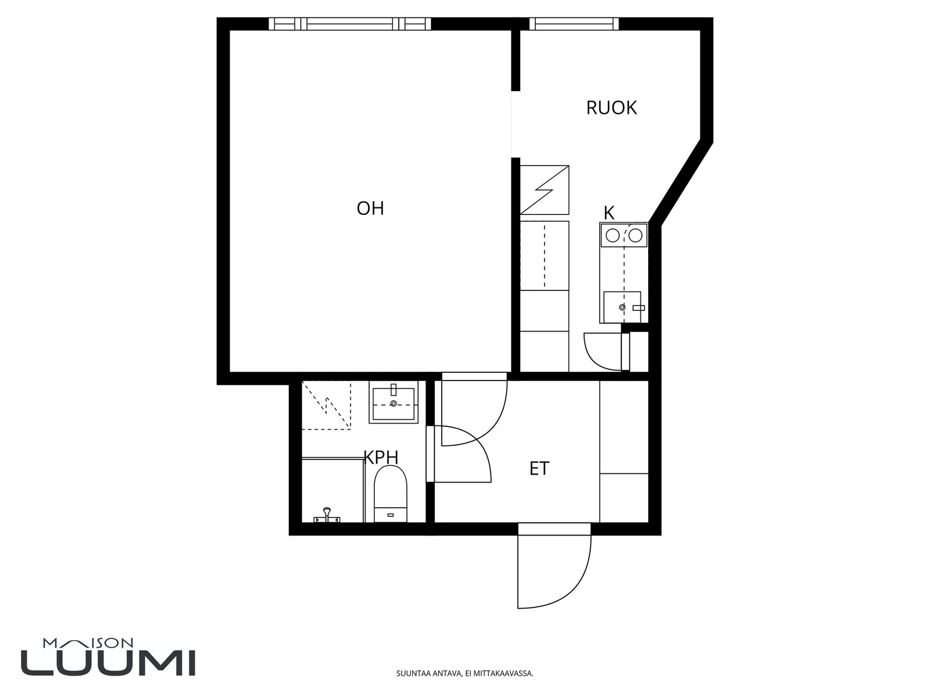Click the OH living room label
pyautogui.click(x=370, y=208)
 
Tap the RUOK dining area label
pyautogui.click(x=611, y=108)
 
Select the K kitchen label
pyautogui.click(x=609, y=213)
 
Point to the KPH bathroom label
pyautogui.click(x=381, y=457)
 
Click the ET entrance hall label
pyautogui.click(x=539, y=469)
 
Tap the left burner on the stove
pyautogui.click(x=613, y=236)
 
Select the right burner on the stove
pyautogui.click(x=635, y=236)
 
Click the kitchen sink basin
pyautogui.click(x=622, y=307)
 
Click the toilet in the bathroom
pyautogui.click(x=390, y=494)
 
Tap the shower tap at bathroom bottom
pyautogui.click(x=326, y=516)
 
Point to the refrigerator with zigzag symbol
pyautogui.click(x=545, y=190)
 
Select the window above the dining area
pyautogui.click(x=574, y=24)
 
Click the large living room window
pyautogui.click(x=349, y=24)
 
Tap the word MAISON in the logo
pyautogui.click(x=88, y=643)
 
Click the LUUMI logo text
pyautogui.click(x=108, y=663)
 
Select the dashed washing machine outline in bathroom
pyautogui.click(x=326, y=405)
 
